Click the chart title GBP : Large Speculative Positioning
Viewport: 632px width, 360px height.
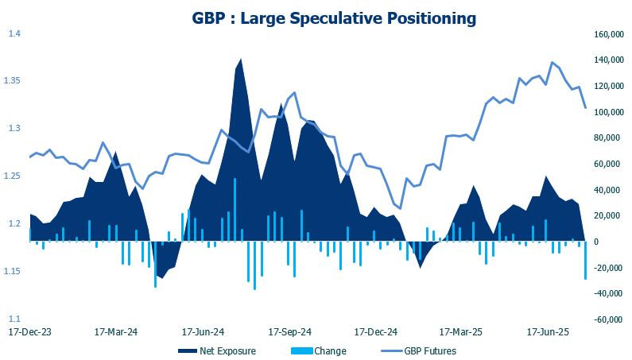pos(334,16)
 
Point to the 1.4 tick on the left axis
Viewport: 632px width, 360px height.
pos(14,33)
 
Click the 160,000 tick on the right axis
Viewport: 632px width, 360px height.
pos(606,34)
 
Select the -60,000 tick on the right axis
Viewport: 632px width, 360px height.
pos(606,319)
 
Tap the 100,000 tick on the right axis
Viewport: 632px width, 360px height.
pos(606,112)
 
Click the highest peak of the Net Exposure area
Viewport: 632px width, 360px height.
pos(241,60)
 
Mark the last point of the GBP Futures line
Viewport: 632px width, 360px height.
pos(586,107)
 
